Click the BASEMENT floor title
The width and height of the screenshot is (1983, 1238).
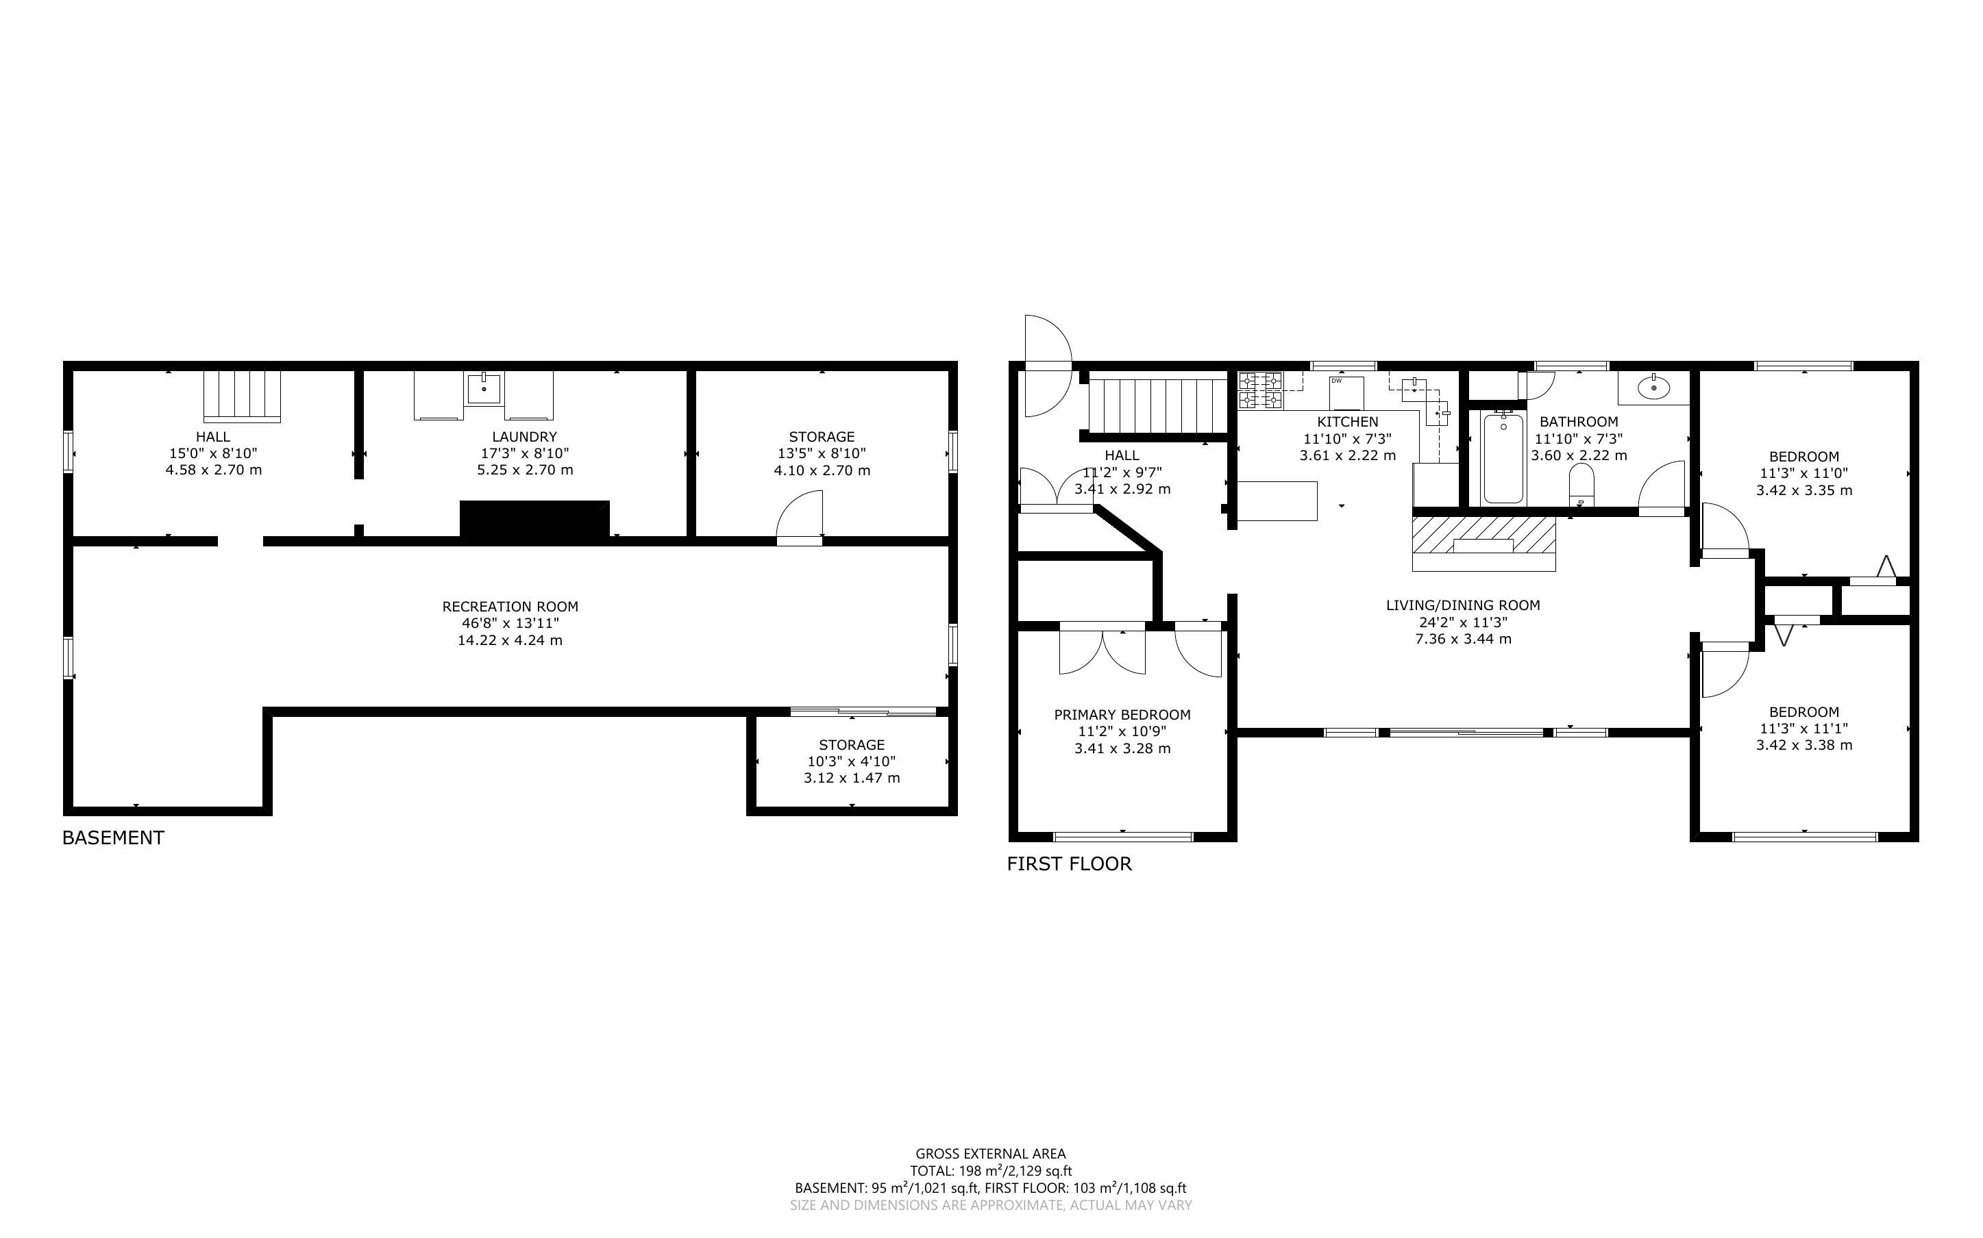(113, 837)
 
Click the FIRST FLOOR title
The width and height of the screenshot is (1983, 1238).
(1069, 864)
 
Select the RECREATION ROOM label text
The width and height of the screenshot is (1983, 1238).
(510, 607)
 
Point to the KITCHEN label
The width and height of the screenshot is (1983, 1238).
(1347, 422)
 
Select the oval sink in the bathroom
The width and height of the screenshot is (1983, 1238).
(1653, 386)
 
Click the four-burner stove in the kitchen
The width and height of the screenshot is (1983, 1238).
(1259, 390)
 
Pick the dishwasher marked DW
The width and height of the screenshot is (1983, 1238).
(1346, 392)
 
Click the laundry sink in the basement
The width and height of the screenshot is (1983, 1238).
(484, 388)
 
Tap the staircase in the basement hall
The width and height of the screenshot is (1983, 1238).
(242, 396)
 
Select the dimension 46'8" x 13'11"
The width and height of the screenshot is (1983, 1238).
(510, 623)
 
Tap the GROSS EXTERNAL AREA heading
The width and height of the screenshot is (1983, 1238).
(990, 1154)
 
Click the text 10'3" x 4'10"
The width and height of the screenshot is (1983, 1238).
(852, 761)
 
